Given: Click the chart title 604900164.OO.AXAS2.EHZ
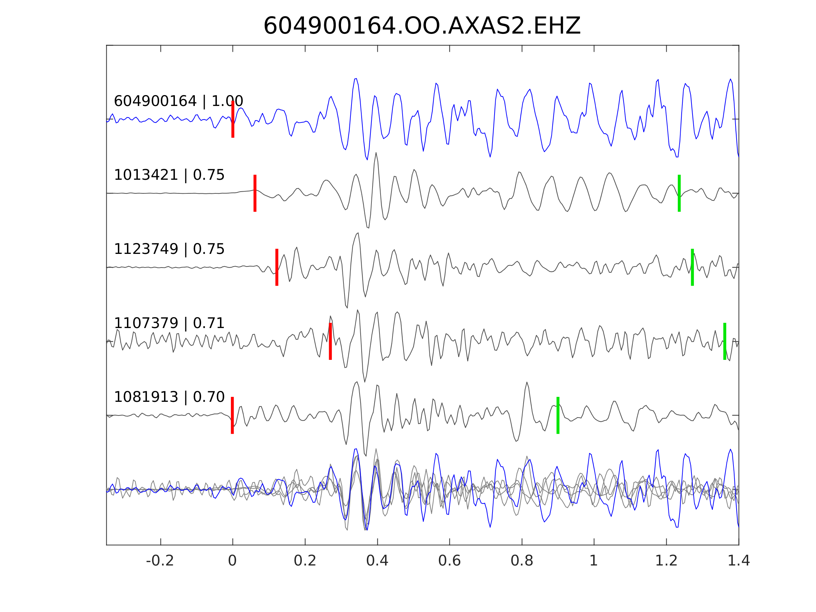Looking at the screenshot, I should [x=422, y=26].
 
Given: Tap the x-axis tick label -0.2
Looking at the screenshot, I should [x=160, y=561].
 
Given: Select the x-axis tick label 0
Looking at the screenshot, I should [x=232, y=561].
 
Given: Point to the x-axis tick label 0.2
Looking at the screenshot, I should [x=305, y=561].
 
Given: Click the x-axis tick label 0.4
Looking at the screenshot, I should [x=377, y=561].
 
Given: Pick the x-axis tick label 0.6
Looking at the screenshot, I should [x=449, y=561].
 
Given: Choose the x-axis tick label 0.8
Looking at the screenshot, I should [x=521, y=561].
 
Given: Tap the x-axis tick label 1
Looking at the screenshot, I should [x=594, y=561].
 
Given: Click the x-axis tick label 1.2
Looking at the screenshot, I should [x=666, y=561].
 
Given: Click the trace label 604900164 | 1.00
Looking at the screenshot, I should [x=178, y=101].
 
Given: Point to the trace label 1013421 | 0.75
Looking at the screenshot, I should [x=169, y=175].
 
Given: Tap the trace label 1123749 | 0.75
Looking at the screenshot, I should [x=169, y=249].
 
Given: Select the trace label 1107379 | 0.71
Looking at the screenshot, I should [x=169, y=323].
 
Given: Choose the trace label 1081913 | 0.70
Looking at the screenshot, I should [x=169, y=397].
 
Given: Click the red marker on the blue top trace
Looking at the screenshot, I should [x=233, y=119].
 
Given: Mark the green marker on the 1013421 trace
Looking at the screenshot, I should [x=679, y=193].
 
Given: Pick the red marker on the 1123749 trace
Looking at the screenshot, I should [x=277, y=267].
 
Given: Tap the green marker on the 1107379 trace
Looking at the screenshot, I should [x=724, y=341].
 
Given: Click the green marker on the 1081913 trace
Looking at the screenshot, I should [x=558, y=415].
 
